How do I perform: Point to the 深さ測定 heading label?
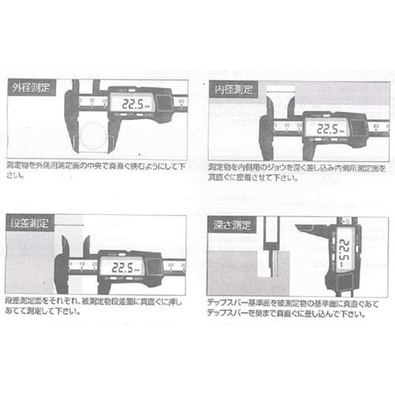[230, 224]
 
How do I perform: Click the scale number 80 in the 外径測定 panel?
[181, 102]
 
